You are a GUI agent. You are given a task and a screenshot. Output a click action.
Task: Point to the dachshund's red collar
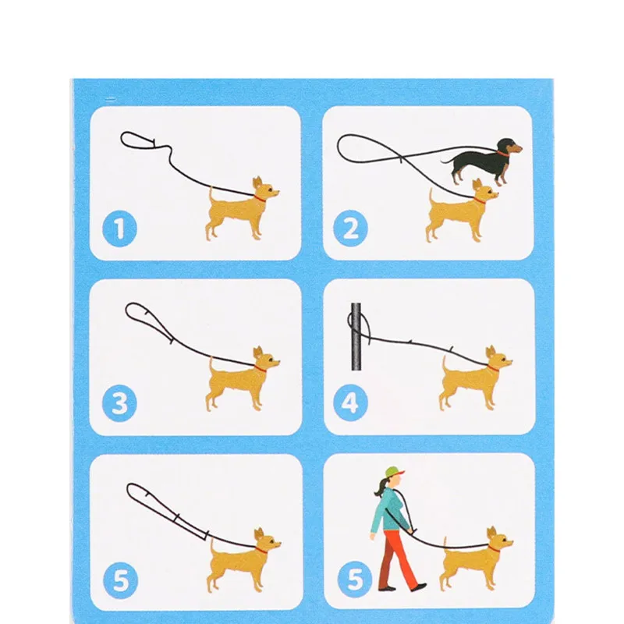coord(503,154)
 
